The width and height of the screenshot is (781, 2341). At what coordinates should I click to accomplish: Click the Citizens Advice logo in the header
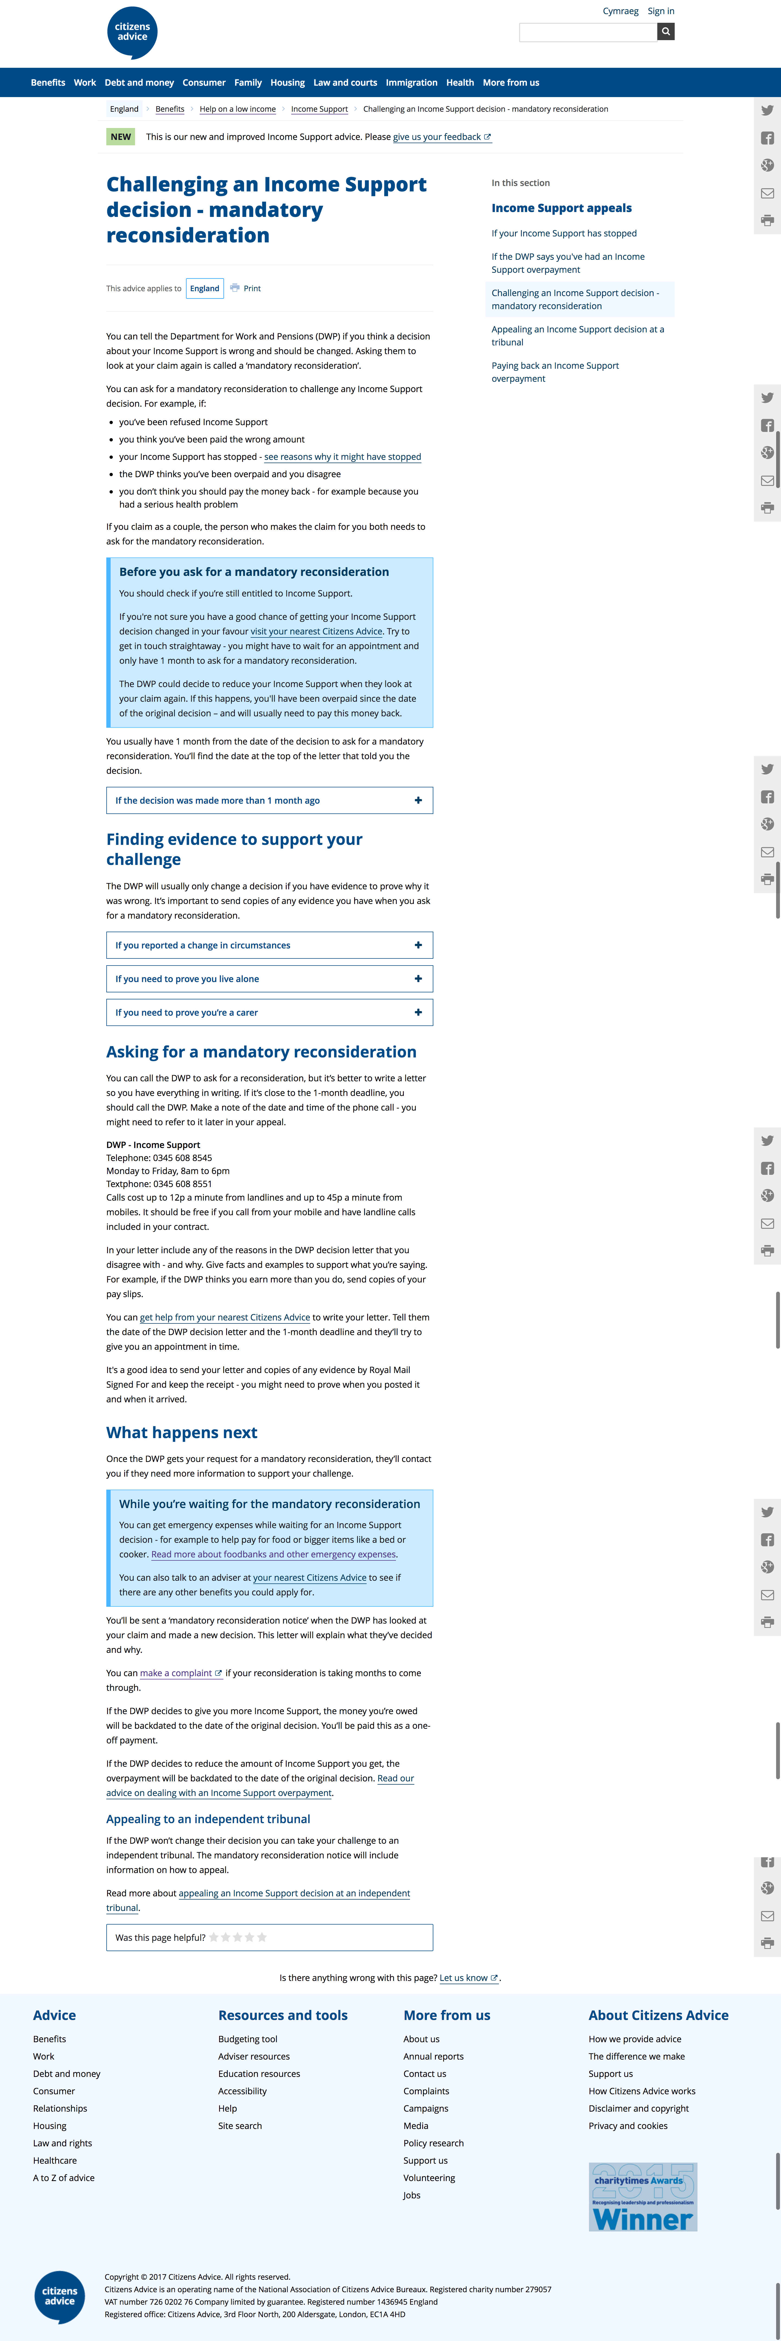click(x=132, y=33)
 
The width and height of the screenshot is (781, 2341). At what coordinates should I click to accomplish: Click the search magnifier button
click(x=665, y=32)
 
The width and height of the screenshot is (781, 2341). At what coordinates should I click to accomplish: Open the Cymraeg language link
click(x=620, y=11)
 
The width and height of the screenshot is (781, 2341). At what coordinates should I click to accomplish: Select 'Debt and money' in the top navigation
click(x=139, y=83)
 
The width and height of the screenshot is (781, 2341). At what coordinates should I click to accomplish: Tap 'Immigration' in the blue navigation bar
click(x=411, y=83)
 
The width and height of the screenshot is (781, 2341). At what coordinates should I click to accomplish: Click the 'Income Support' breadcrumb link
click(x=319, y=109)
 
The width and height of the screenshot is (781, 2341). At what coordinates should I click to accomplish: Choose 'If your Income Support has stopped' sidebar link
click(x=564, y=233)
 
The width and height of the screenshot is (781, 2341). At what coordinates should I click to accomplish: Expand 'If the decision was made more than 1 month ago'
click(x=269, y=801)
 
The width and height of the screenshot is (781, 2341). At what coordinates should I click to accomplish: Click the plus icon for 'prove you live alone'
click(x=418, y=979)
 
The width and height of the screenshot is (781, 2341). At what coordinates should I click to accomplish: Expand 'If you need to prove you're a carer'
click(x=269, y=1012)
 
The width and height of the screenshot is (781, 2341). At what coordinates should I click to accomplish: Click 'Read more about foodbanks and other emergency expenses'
click(x=274, y=1554)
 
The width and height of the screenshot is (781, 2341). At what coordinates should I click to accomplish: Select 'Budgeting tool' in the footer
click(x=247, y=2039)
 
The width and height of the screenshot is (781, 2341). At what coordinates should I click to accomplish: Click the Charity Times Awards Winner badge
click(x=643, y=2196)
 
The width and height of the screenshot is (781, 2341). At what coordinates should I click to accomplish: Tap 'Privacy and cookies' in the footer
click(x=627, y=2126)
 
